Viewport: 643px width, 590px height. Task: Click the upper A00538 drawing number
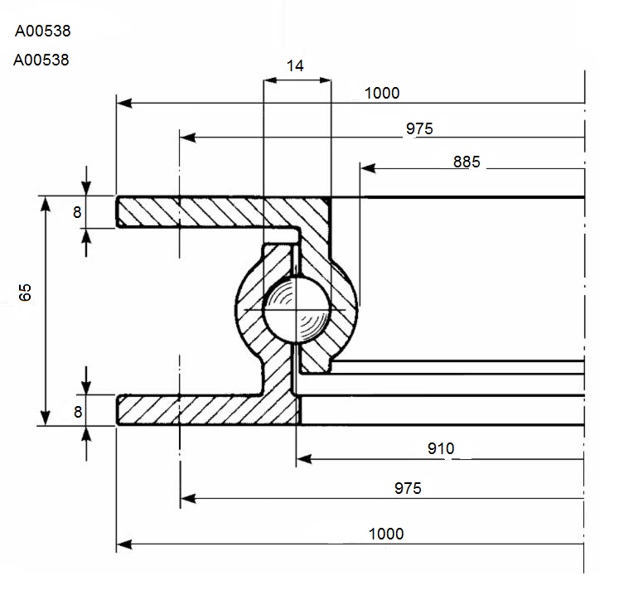(42, 31)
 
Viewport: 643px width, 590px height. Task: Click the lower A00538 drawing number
(41, 60)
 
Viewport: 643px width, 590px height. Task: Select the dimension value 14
(295, 65)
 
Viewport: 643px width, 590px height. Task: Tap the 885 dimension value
(467, 162)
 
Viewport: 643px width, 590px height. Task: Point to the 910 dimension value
(441, 448)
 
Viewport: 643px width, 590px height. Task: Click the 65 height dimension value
(26, 293)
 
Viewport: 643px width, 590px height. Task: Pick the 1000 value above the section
(382, 93)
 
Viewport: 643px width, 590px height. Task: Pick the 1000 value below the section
(386, 534)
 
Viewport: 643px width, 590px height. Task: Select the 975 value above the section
(419, 128)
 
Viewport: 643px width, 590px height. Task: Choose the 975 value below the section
(408, 488)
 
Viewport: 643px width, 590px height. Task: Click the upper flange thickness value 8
(77, 212)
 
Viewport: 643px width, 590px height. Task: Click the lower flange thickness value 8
(78, 412)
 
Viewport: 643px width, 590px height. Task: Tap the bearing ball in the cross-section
(296, 309)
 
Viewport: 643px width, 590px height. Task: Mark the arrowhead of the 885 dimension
(368, 168)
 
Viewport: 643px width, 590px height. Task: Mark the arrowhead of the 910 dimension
(304, 459)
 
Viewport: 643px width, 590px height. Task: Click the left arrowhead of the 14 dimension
(270, 80)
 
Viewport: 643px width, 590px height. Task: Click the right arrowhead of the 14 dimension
(325, 80)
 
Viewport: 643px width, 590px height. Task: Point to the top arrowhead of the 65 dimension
(46, 204)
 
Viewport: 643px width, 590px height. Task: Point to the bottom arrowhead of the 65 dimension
(46, 418)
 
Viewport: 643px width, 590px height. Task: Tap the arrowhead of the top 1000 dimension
(124, 103)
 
